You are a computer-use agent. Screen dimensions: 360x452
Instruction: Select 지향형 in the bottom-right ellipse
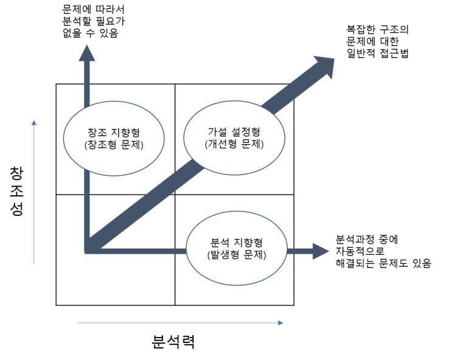click(249, 243)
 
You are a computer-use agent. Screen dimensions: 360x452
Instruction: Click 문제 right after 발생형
click(253, 255)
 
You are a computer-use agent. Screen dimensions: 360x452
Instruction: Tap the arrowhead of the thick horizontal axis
click(322, 251)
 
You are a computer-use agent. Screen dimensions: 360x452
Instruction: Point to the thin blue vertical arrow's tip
click(34, 122)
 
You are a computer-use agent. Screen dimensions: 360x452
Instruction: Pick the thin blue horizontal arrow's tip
click(282, 323)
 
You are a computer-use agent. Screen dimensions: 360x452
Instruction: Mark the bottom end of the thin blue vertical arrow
click(34, 263)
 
